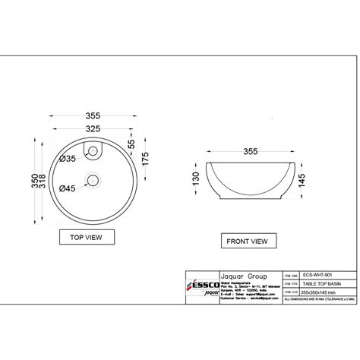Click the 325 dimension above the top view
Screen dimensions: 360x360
coord(93,130)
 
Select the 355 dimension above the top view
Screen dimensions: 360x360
coord(93,116)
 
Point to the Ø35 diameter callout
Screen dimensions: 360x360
coord(67,159)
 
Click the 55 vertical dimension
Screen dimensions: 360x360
coord(131,143)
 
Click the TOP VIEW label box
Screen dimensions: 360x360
coord(87,237)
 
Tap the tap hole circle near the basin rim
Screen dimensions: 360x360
coord(93,154)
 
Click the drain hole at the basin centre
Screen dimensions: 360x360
coord(93,180)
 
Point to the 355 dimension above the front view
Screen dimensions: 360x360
coord(246,152)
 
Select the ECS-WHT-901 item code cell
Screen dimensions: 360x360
coord(317,274)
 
